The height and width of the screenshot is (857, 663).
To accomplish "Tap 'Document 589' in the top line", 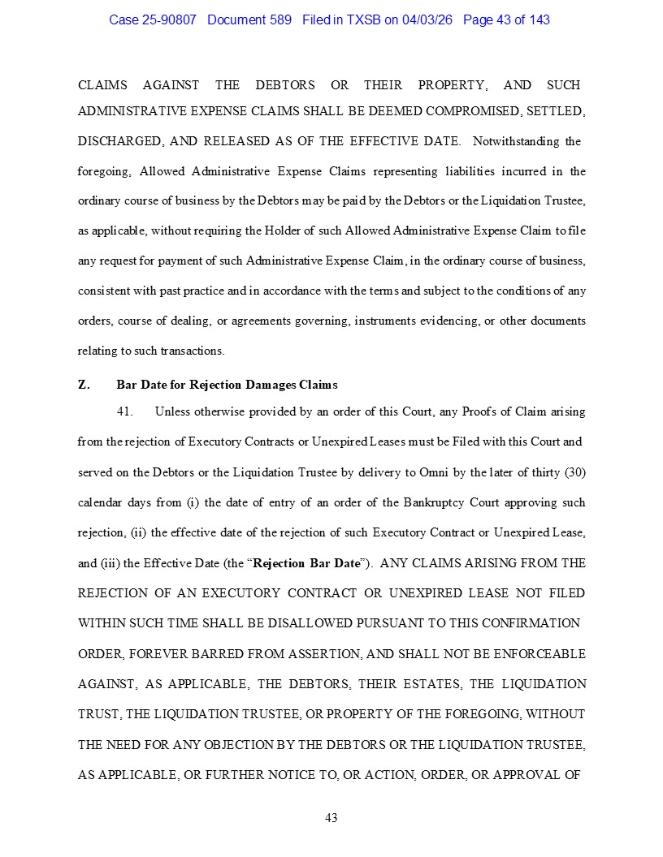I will [249, 19].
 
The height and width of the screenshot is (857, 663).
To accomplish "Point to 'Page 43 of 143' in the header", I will [506, 19].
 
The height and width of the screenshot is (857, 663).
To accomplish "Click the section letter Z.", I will [84, 385].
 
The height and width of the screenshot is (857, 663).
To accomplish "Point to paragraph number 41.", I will [124, 411].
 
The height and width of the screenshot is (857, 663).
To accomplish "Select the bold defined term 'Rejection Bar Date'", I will [305, 563].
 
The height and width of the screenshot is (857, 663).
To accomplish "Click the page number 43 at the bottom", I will [331, 818].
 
